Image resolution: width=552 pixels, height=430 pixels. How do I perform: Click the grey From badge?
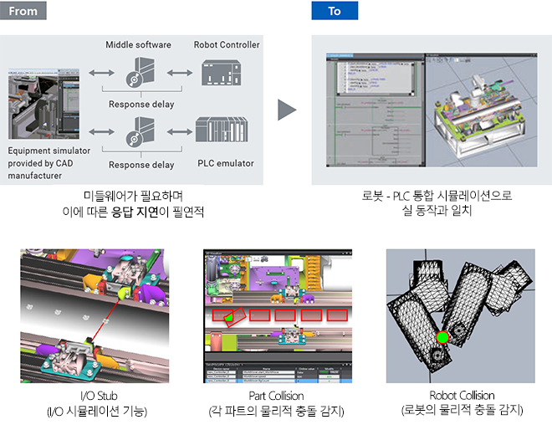point(23,11)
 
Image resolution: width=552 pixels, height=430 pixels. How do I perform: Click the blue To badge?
point(335,11)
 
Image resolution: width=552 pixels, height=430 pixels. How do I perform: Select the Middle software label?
point(138,44)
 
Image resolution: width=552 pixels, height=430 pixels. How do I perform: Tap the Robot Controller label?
point(227,44)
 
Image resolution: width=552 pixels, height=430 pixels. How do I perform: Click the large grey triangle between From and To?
point(288,110)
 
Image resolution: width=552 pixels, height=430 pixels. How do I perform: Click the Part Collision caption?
point(276,395)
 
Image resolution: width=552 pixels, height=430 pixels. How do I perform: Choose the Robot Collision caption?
point(462,395)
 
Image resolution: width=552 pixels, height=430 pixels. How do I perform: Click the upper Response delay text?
point(141,105)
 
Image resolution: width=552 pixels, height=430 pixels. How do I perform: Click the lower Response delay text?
point(141,165)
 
